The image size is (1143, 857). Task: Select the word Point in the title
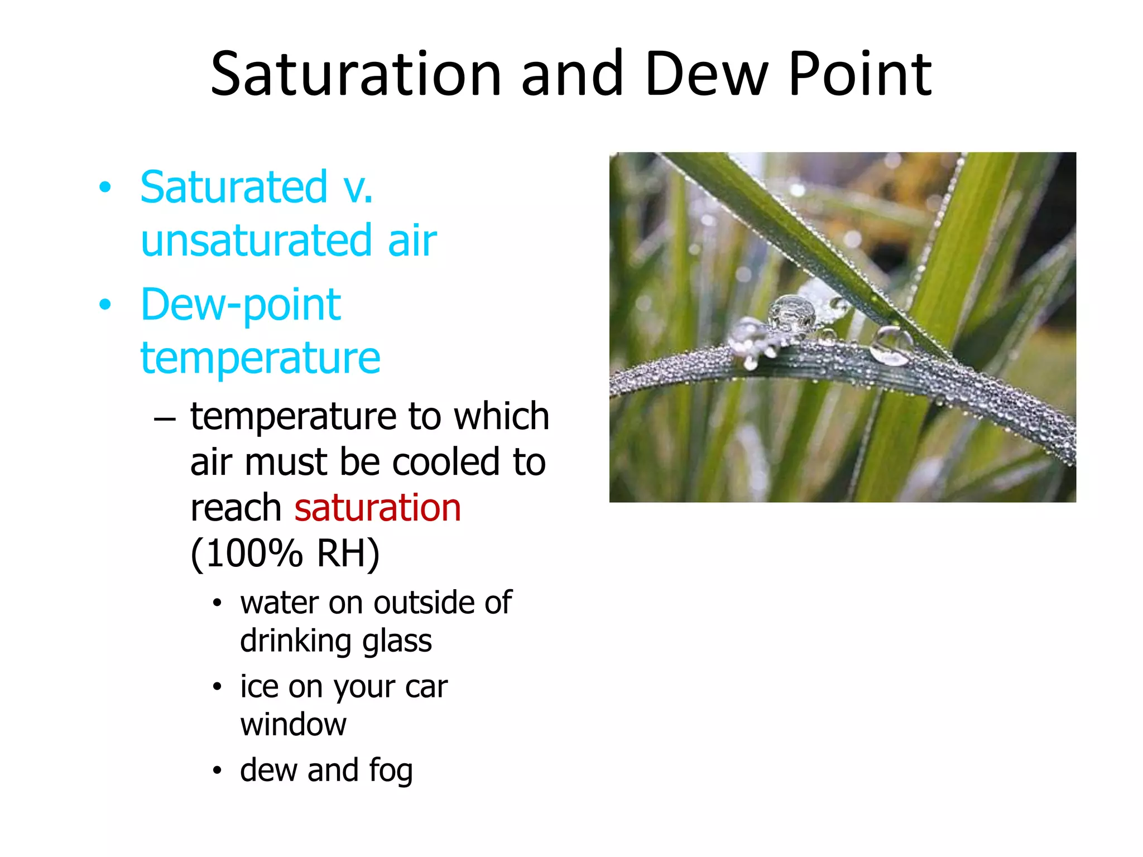tap(859, 74)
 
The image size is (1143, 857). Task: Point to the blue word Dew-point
tap(241, 305)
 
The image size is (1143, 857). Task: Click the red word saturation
tap(377, 508)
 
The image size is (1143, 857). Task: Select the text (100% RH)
tap(285, 553)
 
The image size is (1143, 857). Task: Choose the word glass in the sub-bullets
tap(397, 641)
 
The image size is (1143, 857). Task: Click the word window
tap(294, 724)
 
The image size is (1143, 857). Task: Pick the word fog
tap(391, 771)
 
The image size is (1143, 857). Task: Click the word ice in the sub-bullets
tap(259, 686)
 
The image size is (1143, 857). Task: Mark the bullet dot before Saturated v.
tap(105, 188)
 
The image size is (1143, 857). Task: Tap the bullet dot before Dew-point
tap(105, 305)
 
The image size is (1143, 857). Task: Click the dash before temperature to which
tap(165, 418)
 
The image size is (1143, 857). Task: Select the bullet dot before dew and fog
tap(217, 771)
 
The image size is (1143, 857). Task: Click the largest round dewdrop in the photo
tap(791, 312)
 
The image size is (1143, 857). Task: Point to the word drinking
tap(296, 641)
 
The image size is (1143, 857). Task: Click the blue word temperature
tap(260, 358)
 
